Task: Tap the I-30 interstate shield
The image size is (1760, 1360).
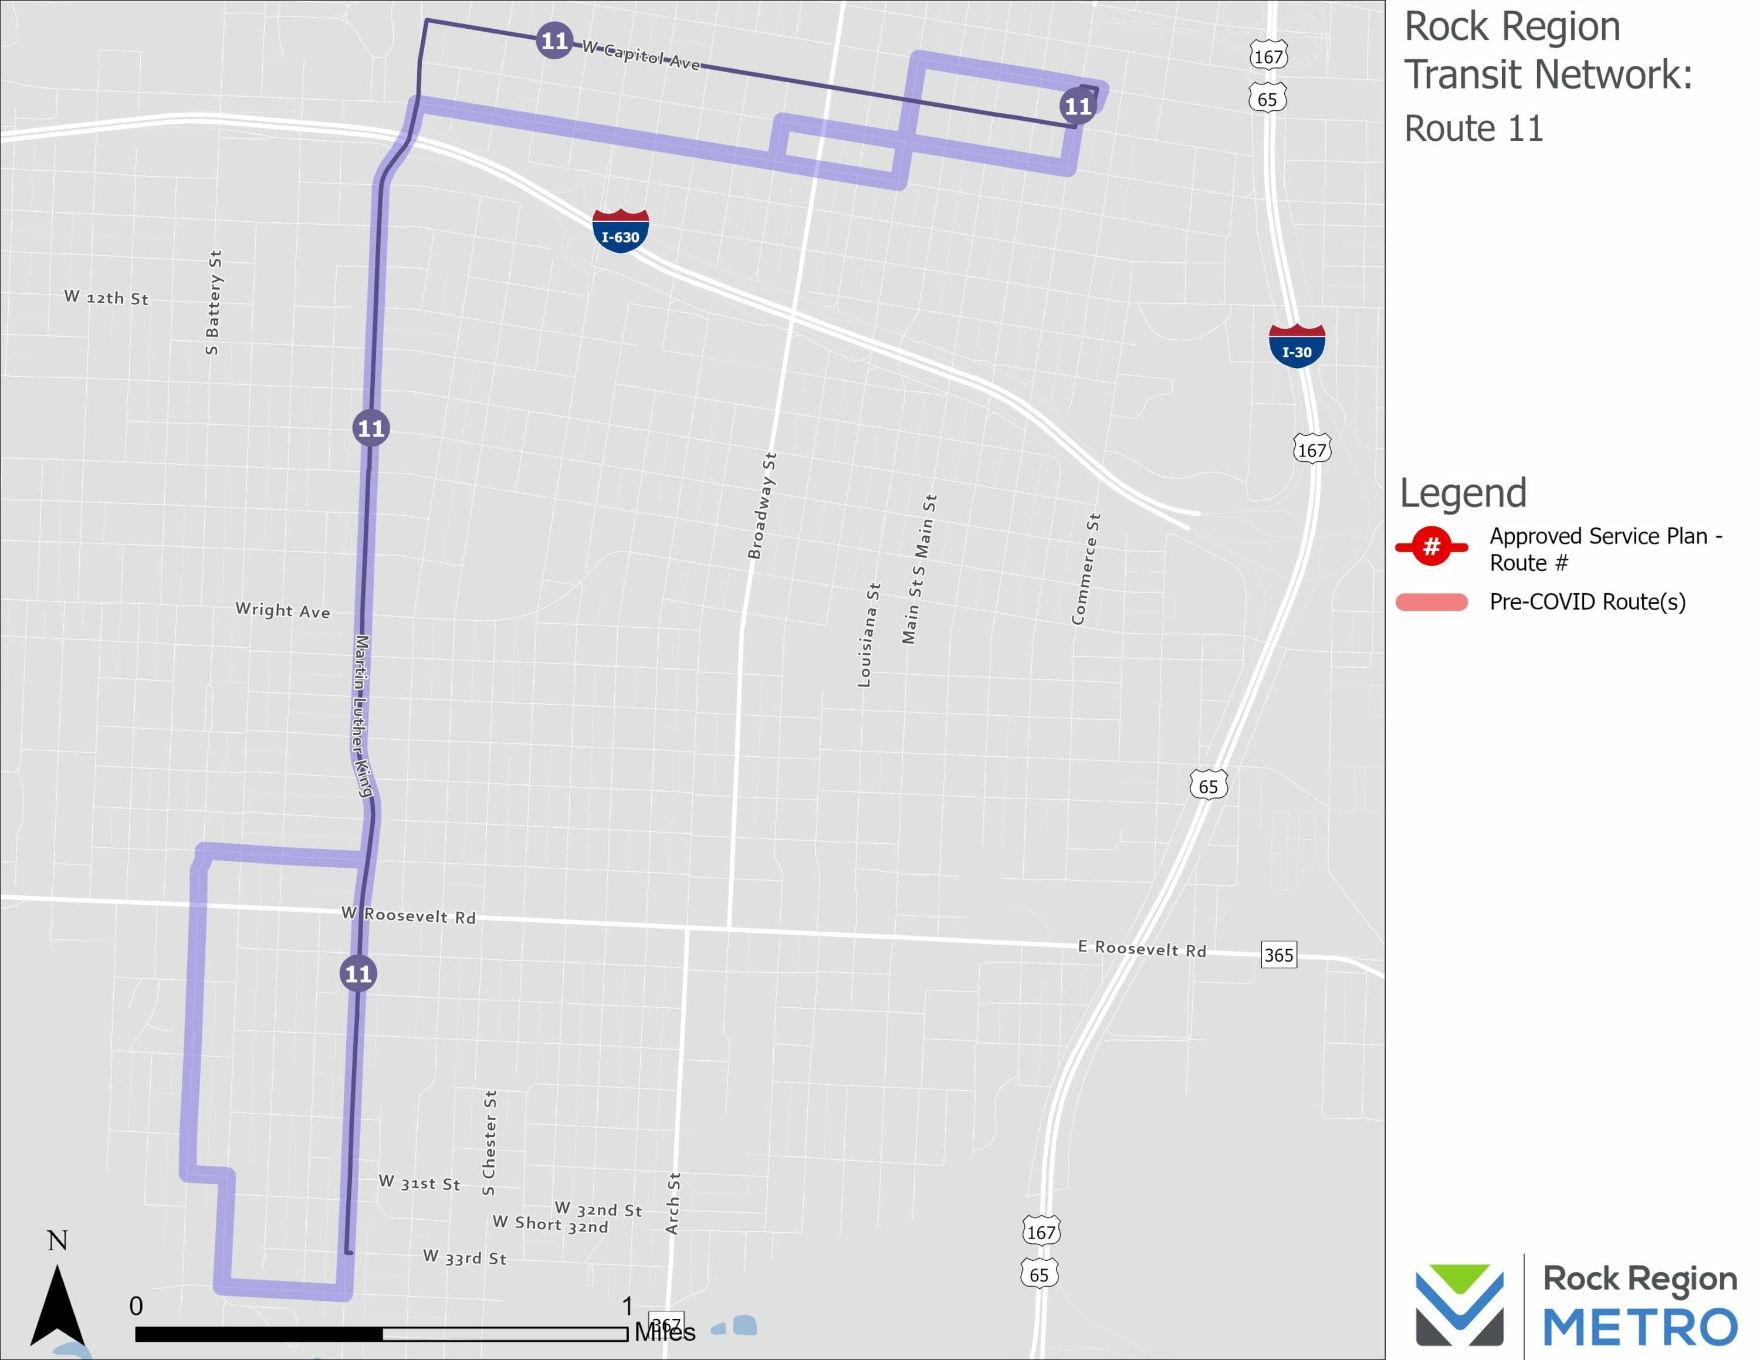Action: click(1297, 346)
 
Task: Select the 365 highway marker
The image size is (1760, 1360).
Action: click(1278, 955)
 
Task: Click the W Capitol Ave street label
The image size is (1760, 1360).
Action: click(641, 56)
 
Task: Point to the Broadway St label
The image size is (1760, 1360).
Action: click(761, 506)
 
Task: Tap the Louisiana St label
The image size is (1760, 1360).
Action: click(869, 635)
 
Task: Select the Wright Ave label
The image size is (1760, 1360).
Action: click(282, 610)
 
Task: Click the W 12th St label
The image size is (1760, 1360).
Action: click(106, 297)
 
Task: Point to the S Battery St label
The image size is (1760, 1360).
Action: click(214, 302)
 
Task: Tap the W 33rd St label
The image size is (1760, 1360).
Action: click(465, 1257)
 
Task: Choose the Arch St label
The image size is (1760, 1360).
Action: click(673, 1203)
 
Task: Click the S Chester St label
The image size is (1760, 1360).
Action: click(489, 1142)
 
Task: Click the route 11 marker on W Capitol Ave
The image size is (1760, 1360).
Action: click(554, 40)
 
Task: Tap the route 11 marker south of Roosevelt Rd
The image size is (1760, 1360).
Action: click(358, 973)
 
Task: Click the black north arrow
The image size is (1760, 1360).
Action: click(57, 1305)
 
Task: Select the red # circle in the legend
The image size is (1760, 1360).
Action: click(1431, 547)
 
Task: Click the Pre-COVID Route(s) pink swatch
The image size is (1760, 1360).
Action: click(1431, 602)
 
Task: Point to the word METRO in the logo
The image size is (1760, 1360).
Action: click(1639, 1327)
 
